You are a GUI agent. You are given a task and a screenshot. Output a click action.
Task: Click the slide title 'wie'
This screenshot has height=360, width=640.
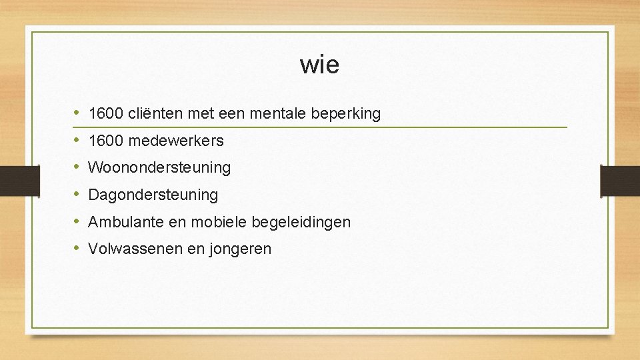pyautogui.click(x=319, y=65)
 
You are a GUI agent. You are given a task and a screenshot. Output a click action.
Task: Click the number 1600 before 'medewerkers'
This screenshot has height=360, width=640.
pyautogui.click(x=105, y=141)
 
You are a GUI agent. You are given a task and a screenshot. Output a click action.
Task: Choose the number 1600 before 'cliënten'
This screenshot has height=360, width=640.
pyautogui.click(x=105, y=114)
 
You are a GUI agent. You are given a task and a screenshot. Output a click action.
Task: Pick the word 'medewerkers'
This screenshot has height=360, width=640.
pyautogui.click(x=176, y=141)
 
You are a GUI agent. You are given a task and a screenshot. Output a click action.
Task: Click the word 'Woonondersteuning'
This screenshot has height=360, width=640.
pyautogui.click(x=159, y=168)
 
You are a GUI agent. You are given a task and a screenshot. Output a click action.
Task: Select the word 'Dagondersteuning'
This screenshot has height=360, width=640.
pyautogui.click(x=153, y=195)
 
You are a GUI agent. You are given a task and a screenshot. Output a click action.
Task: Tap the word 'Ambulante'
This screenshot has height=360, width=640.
pyautogui.click(x=126, y=222)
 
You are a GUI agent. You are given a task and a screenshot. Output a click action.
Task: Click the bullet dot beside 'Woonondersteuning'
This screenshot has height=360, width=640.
pyautogui.click(x=77, y=168)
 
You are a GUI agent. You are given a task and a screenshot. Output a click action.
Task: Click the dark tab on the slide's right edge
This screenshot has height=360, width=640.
pyautogui.click(x=619, y=180)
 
